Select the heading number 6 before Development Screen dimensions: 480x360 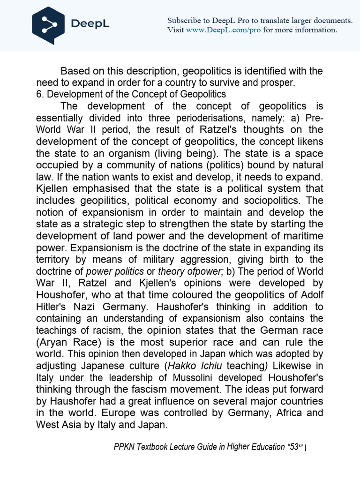tap(40, 94)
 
